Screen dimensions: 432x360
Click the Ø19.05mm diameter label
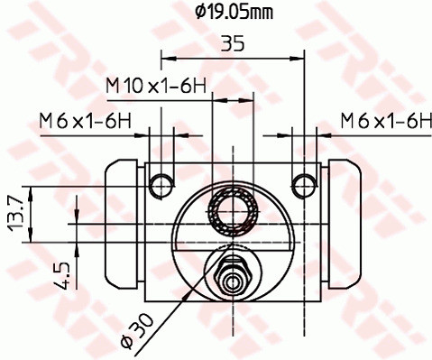click(x=234, y=13)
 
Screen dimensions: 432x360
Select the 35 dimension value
click(x=233, y=43)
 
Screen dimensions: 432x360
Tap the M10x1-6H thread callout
click(x=156, y=86)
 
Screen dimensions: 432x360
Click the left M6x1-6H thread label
click(x=86, y=122)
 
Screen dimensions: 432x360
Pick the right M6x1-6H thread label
click(x=386, y=121)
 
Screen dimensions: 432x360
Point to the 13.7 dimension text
click(x=15, y=214)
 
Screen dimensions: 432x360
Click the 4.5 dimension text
click(x=62, y=275)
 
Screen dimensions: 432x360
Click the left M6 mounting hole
click(x=162, y=186)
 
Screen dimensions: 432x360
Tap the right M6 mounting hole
click(x=304, y=186)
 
